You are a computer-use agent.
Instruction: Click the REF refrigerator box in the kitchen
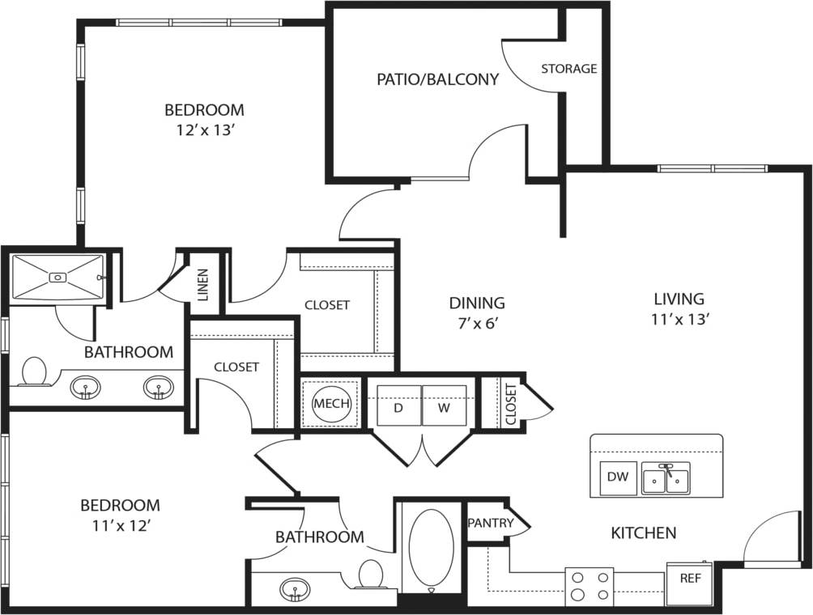coord(690,580)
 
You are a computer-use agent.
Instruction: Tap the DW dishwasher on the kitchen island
coord(618,477)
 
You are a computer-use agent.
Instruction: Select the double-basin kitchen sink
coord(666,478)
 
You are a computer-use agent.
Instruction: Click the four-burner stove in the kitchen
coord(590,586)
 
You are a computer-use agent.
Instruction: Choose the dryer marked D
coord(398,407)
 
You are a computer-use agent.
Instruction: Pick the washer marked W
coord(444,407)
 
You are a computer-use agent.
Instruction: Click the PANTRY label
coord(491,523)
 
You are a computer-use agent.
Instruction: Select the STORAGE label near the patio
coord(568,69)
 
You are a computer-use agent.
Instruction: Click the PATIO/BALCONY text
coord(437,79)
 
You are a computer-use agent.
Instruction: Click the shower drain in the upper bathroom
coord(57,277)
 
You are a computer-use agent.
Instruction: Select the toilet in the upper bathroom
coord(35,371)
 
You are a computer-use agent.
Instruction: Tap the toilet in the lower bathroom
coord(371,574)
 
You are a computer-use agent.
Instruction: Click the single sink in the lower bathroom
coord(294,588)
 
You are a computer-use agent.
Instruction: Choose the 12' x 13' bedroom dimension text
coord(204,130)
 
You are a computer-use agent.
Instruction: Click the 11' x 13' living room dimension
coord(680,319)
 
